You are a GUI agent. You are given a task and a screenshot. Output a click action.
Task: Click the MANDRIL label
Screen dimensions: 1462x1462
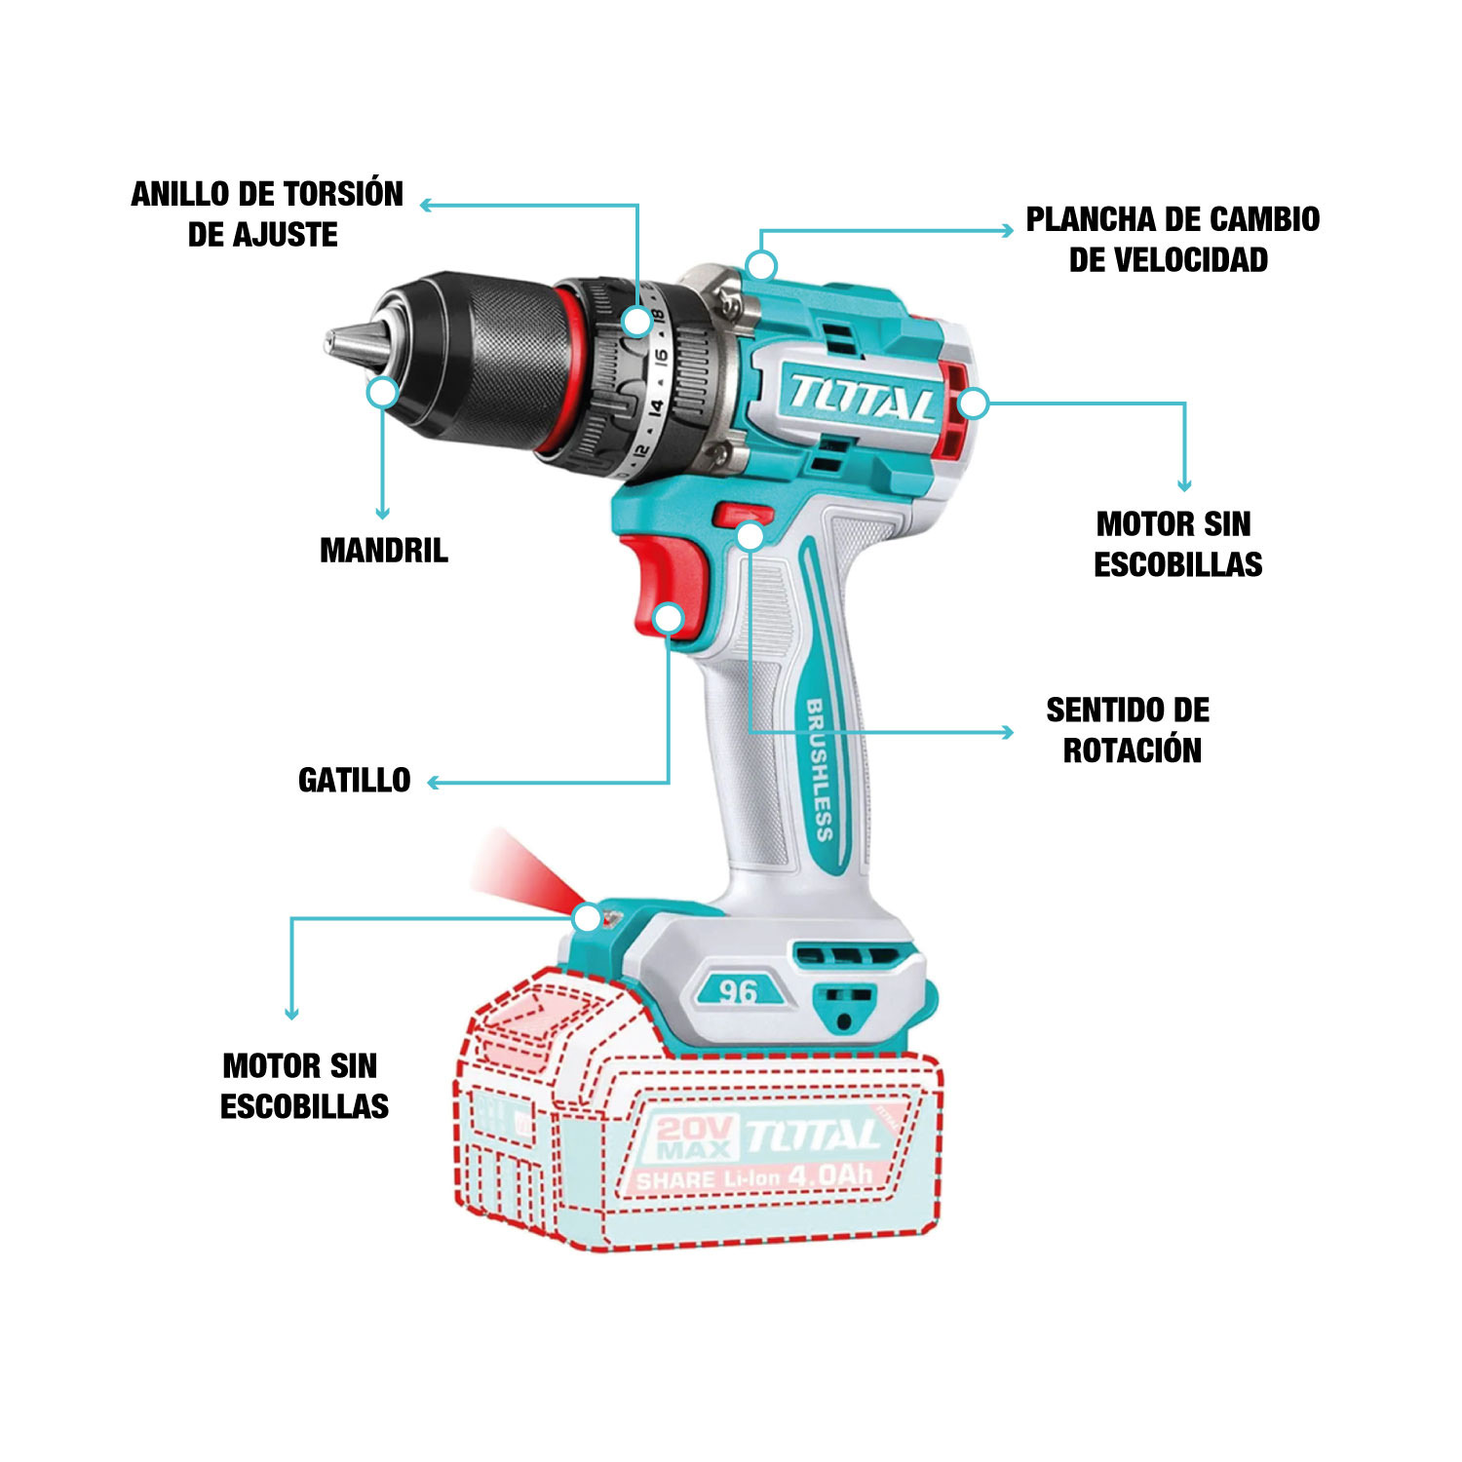384,551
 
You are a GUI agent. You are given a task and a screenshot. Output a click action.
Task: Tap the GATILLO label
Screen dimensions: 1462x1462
355,781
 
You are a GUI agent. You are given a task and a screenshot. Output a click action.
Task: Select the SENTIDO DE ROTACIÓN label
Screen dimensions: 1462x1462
1130,730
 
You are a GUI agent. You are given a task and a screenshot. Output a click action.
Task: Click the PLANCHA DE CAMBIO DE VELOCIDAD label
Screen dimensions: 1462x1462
1173,240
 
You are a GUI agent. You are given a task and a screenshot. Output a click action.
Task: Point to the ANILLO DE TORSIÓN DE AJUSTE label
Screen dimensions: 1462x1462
267,214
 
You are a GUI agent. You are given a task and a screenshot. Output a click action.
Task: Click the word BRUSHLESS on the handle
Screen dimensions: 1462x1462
819,770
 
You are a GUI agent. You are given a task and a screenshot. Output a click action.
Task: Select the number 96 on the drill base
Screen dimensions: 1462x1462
738,991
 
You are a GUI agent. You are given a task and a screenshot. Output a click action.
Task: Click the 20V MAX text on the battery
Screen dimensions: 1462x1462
694,1137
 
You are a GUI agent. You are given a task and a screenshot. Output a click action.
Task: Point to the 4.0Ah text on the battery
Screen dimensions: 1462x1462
829,1175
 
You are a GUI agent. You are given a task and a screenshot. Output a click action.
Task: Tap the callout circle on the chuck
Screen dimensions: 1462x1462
384,393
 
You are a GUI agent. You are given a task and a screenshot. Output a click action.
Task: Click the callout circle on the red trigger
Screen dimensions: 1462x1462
669,618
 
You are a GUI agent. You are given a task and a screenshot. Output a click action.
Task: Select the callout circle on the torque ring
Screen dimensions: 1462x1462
637,321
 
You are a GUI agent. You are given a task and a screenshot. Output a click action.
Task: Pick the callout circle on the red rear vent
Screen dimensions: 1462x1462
973,404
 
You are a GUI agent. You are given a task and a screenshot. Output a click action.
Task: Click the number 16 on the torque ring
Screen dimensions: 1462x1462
660,358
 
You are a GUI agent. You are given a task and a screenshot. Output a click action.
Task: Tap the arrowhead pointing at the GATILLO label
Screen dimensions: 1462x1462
434,782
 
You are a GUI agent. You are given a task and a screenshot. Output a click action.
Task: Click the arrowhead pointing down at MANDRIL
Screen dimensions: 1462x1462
383,513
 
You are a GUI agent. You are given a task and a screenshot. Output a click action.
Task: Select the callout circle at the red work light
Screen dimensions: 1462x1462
587,917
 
